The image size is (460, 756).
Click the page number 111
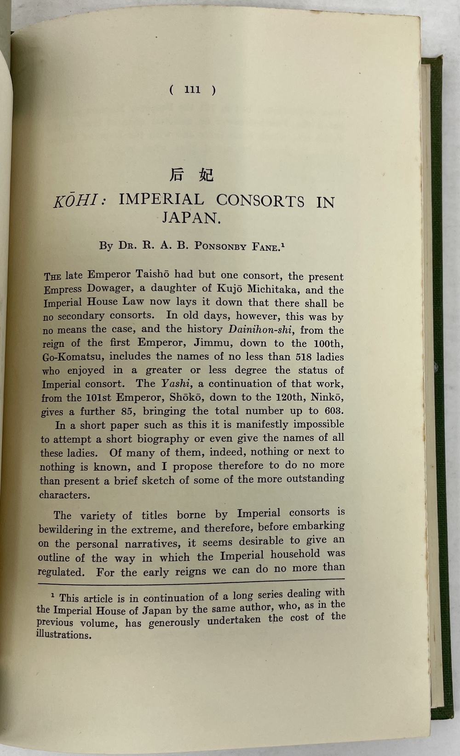(192, 89)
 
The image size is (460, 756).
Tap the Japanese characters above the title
(192, 175)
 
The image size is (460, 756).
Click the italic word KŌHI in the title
(76, 201)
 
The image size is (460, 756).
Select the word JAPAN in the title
(191, 218)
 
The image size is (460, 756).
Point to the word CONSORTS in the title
(260, 201)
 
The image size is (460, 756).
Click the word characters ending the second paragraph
(63, 495)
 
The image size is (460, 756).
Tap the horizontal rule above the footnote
(191, 583)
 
